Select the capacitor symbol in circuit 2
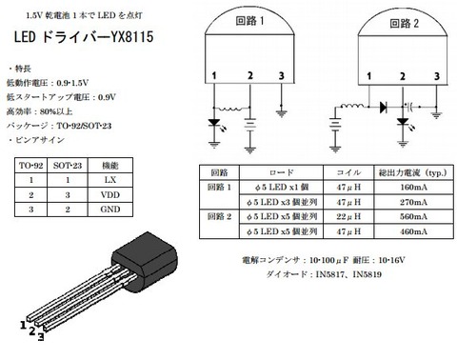coord(411,107)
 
